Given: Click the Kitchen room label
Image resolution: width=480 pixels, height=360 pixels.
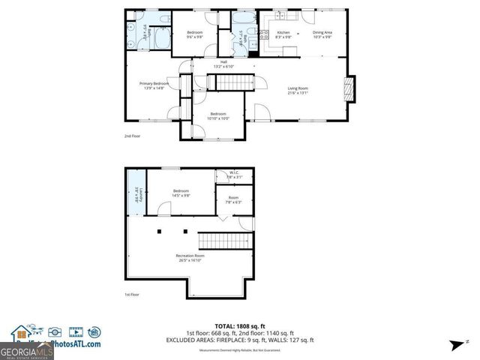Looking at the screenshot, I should coord(283,34).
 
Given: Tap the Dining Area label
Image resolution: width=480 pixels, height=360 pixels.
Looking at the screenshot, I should coord(322,34).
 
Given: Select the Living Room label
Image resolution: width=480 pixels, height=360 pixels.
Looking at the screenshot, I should coord(298,91).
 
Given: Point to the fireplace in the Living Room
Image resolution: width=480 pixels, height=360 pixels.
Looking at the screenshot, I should coord(346,88).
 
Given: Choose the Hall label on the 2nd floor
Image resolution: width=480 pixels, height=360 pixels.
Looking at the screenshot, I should coord(223,64).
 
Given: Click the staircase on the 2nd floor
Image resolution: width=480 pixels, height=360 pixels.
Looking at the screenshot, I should coord(232,82).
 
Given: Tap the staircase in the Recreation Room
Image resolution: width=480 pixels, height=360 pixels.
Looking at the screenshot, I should coord(223,241).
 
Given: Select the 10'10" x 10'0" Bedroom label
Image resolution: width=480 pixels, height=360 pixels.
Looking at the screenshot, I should coord(219,115).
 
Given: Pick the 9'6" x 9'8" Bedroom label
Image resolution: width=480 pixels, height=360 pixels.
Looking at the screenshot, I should coord(194,34).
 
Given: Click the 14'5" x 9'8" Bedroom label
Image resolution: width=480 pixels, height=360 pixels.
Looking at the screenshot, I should coord(181,193).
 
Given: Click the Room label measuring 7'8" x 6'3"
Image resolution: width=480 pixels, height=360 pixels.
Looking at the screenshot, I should coord(233,199).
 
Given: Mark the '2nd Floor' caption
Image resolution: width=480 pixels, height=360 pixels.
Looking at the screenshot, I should coord(132,136).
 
